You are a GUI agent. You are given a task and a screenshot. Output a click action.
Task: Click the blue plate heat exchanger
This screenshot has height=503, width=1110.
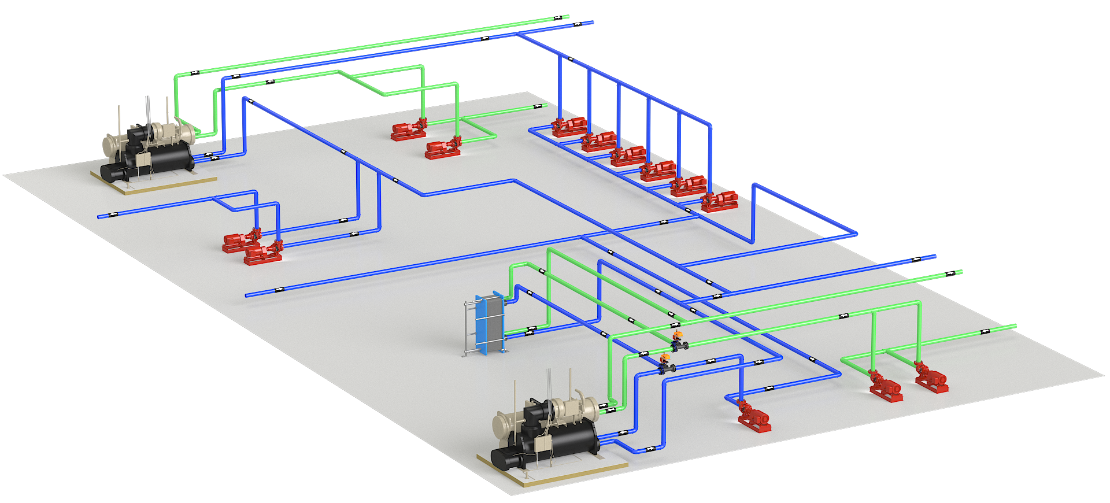[489, 323]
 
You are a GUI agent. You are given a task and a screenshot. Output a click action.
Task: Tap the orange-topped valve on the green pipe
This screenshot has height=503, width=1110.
[678, 341]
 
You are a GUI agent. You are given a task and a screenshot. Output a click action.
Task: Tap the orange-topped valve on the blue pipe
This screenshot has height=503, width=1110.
[665, 364]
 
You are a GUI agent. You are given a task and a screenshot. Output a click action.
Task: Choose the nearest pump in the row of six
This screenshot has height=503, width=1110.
[719, 201]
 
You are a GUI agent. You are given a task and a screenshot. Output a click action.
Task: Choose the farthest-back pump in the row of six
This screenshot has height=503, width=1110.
[569, 127]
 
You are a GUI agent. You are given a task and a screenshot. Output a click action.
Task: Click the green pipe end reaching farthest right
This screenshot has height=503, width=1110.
[1014, 327]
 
